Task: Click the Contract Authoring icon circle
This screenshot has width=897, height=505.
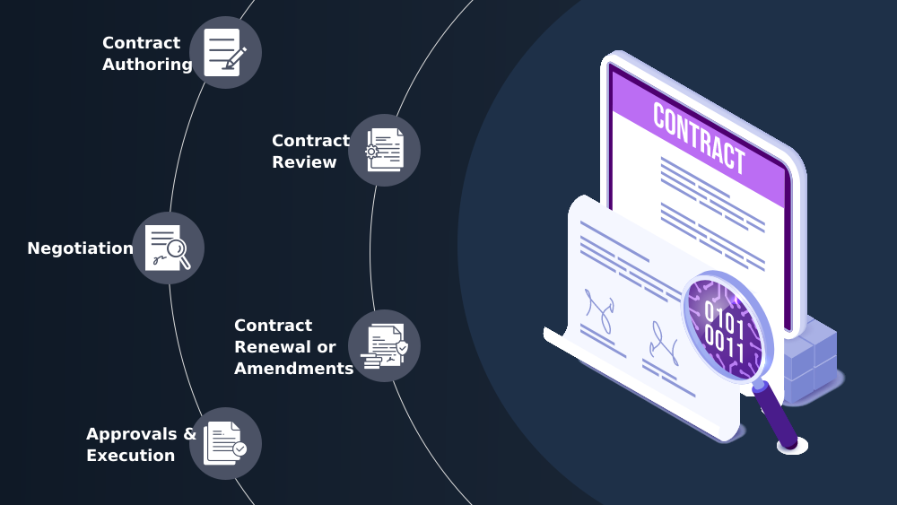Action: pyautogui.click(x=225, y=52)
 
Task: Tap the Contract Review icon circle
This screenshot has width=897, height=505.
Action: pyautogui.click(x=384, y=150)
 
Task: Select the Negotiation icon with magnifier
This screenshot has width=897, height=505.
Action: pyautogui.click(x=169, y=248)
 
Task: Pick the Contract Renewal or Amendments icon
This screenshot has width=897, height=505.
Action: pyautogui.click(x=384, y=345)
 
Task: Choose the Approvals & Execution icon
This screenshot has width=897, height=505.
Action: pyautogui.click(x=225, y=443)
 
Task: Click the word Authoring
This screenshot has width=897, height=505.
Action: pyautogui.click(x=147, y=65)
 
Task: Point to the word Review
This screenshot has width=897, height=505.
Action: pyautogui.click(x=304, y=162)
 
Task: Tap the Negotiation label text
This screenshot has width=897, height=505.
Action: pyautogui.click(x=80, y=248)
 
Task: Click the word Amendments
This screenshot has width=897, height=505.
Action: pyautogui.click(x=293, y=369)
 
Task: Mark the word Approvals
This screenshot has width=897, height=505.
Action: pyautogui.click(x=133, y=434)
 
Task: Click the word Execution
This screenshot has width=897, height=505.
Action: pyautogui.click(x=130, y=456)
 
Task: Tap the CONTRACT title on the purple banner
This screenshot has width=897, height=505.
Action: pyautogui.click(x=699, y=137)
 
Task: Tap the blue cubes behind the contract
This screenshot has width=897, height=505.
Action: pyautogui.click(x=813, y=359)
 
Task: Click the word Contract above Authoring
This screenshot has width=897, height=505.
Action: pyautogui.click(x=141, y=43)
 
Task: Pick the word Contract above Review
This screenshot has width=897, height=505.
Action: pyautogui.click(x=310, y=141)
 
